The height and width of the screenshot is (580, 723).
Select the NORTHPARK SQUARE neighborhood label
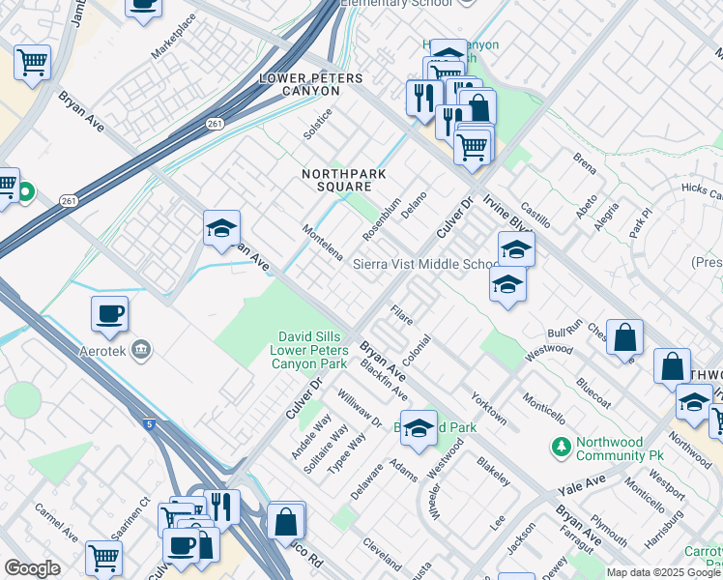pos(336,180)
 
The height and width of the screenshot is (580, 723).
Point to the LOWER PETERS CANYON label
pos(300,84)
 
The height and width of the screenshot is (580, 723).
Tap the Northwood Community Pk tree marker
pos(560,447)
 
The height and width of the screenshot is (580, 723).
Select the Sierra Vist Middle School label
pos(425,264)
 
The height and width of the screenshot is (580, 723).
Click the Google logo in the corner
pos(32,568)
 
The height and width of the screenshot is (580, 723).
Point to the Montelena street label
pos(322,244)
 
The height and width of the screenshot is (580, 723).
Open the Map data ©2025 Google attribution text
pos(663,572)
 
